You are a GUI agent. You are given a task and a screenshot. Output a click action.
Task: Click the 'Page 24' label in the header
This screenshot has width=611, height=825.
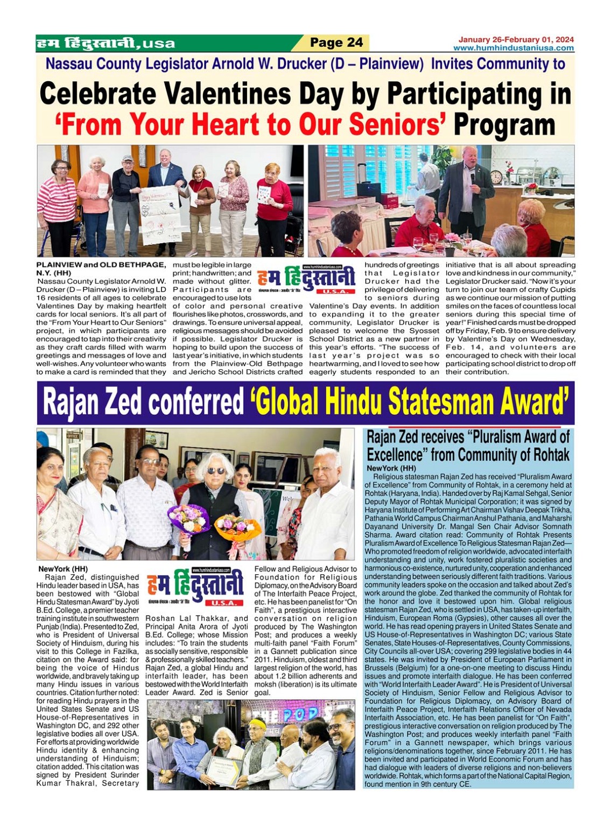tap(336, 43)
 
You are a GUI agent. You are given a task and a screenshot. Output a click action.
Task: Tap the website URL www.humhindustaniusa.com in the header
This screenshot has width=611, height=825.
tap(513, 48)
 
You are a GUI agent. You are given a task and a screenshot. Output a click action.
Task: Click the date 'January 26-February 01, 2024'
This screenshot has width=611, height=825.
tap(516, 39)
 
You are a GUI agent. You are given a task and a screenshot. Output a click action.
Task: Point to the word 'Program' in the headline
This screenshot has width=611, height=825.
tap(504, 125)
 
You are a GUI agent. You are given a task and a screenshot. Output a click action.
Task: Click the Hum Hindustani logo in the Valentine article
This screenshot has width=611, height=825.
tap(306, 279)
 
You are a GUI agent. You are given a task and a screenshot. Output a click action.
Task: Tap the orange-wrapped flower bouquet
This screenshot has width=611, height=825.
tap(237, 528)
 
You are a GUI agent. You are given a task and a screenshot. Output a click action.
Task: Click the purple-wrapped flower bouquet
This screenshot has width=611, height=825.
tap(188, 519)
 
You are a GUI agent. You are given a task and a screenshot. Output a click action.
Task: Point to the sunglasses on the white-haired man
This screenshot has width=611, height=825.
tap(215, 471)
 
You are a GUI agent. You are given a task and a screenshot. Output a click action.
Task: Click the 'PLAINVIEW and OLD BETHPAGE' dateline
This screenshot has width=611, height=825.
tap(101, 265)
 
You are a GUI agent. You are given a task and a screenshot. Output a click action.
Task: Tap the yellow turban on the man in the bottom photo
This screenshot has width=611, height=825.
tap(258, 724)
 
